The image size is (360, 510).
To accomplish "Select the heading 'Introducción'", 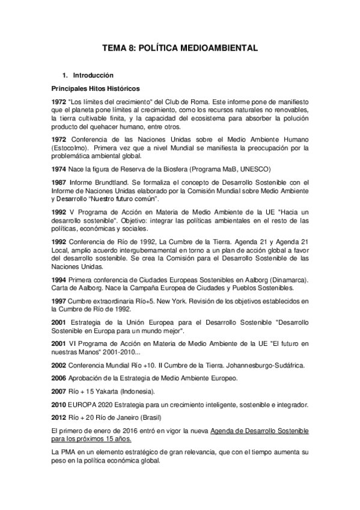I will click(93, 76).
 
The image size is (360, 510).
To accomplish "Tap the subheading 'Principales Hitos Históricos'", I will click(95, 88).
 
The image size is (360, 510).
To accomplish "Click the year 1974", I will click(58, 169).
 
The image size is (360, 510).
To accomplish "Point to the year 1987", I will click(58, 182).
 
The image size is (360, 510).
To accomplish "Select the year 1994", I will click(58, 280).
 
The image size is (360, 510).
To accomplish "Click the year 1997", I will click(58, 301).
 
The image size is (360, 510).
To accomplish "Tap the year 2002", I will click(58, 365).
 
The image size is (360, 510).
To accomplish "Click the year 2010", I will click(58, 405).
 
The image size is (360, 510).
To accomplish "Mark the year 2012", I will click(58, 418).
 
